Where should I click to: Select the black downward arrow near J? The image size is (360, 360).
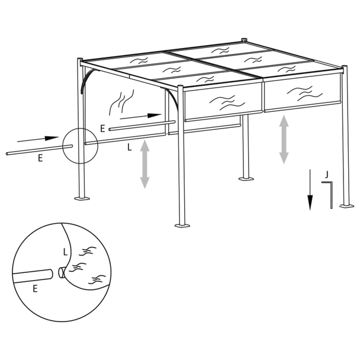310,189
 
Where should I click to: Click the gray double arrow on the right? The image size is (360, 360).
284,139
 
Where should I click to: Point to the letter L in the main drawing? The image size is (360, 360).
130,149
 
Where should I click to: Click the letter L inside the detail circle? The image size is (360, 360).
65,251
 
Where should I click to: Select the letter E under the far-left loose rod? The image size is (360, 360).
40,157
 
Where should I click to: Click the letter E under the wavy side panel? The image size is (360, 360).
103,127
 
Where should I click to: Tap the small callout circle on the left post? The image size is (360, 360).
79,145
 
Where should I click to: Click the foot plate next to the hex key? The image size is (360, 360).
346,206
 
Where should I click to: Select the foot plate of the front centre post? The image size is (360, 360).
182,225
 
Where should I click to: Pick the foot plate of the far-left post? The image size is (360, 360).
82,197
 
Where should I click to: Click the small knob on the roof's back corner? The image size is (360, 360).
243,42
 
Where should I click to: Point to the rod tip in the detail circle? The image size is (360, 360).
62,274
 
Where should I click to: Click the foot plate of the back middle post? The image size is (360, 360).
245,177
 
